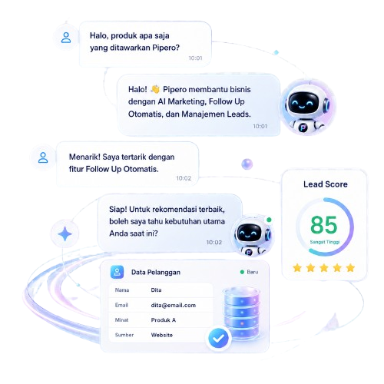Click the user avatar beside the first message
pyautogui.click(x=66, y=38)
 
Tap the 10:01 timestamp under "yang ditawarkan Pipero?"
pyautogui.click(x=196, y=58)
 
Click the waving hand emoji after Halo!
pyautogui.click(x=155, y=89)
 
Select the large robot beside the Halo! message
pyautogui.click(x=308, y=107)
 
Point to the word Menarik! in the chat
pyautogui.click(x=84, y=157)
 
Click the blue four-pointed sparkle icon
pyautogui.click(x=65, y=233)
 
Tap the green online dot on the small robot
pyautogui.click(x=269, y=220)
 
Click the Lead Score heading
pyautogui.click(x=326, y=184)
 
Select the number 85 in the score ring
pyautogui.click(x=324, y=225)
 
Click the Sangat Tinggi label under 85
pyautogui.click(x=325, y=242)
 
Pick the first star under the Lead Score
pyautogui.click(x=297, y=268)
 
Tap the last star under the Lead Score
pyautogui.click(x=350, y=268)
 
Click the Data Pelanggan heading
pyautogui.click(x=156, y=272)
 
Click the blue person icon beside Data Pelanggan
pyautogui.click(x=117, y=272)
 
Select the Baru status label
pyautogui.click(x=253, y=272)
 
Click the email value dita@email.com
pyautogui.click(x=174, y=305)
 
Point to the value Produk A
pyautogui.click(x=164, y=320)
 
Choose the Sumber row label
pyautogui.click(x=124, y=335)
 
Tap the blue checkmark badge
pyautogui.click(x=218, y=339)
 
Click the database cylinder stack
pyautogui.click(x=241, y=313)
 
